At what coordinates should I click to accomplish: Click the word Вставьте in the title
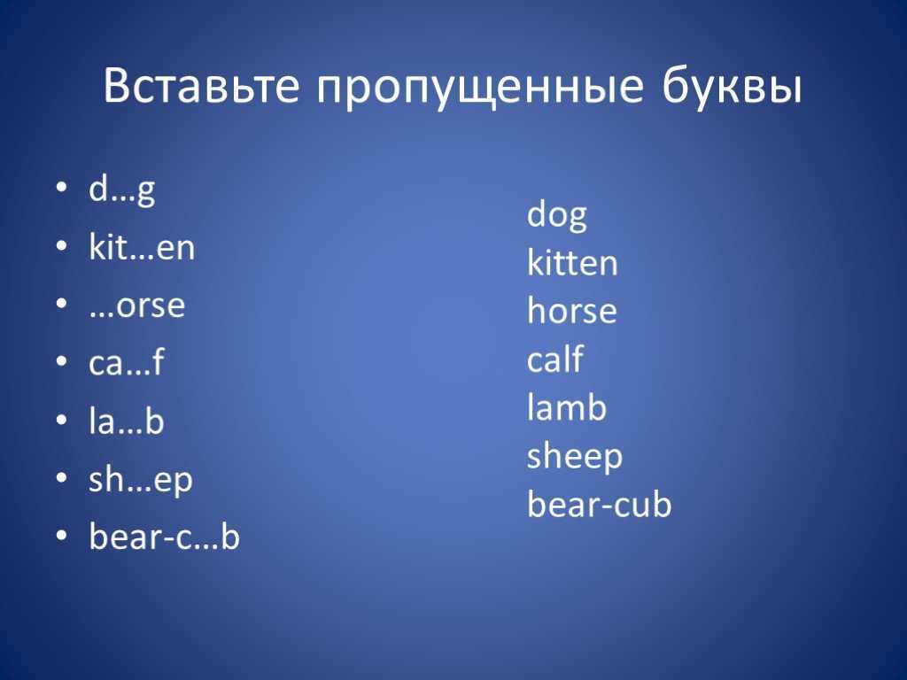coord(201,86)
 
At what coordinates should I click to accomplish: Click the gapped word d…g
coord(122,189)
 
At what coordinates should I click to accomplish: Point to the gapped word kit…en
coord(142,247)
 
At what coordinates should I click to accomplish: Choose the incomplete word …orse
coord(137,305)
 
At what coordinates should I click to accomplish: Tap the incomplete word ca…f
coord(126,362)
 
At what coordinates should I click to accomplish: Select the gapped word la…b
coord(126,420)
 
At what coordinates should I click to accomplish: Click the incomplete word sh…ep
coord(141,481)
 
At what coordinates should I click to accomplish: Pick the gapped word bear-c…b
coord(164,536)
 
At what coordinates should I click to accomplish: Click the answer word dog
coord(557,215)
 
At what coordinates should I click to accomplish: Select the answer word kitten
coord(572,262)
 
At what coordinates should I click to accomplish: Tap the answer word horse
coord(572,310)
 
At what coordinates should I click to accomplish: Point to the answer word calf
coord(555,359)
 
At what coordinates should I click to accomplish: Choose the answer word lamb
coord(567,406)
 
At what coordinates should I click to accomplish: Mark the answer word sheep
coord(575,458)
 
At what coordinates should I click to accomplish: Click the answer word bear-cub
coord(600,503)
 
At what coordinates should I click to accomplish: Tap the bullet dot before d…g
coord(62,188)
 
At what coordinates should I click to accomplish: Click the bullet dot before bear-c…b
coord(62,536)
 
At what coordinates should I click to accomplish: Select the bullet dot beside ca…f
coord(62,362)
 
